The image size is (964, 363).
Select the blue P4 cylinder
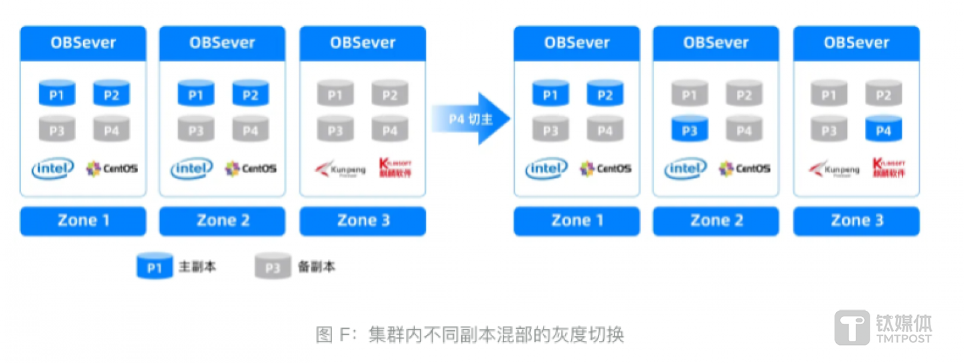tap(884, 130)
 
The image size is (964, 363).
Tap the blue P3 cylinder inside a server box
tap(690, 130)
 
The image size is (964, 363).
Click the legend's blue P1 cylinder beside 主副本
tap(155, 267)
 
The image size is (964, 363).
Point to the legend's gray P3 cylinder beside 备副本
tap(272, 267)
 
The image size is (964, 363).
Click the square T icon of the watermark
tap(852, 328)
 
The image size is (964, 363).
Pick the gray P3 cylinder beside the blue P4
tap(829, 130)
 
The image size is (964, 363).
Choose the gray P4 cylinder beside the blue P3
tap(744, 130)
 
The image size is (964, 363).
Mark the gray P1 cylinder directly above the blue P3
tap(690, 95)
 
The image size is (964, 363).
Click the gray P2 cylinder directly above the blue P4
tap(884, 95)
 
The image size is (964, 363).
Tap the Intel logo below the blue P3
tap(686, 169)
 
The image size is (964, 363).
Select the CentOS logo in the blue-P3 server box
tap(744, 169)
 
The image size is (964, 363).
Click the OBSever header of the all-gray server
tap(362, 43)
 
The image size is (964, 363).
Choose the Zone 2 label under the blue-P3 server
tap(716, 221)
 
